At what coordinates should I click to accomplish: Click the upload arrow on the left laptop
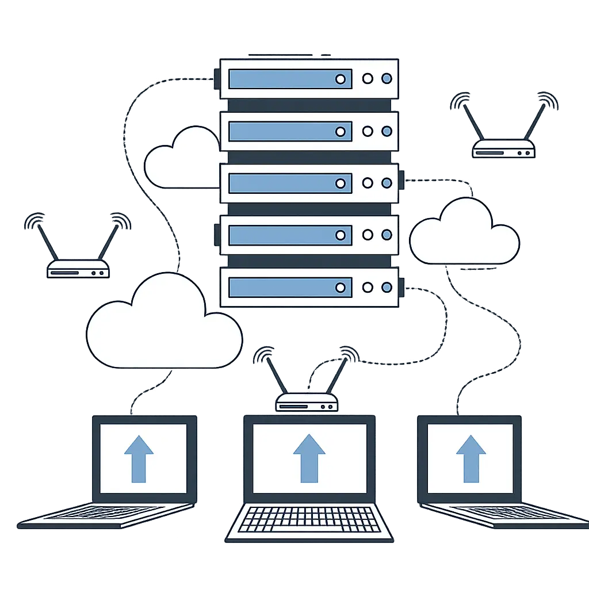[139, 458]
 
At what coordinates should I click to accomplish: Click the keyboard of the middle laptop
[309, 519]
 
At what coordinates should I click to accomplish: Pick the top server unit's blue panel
[290, 79]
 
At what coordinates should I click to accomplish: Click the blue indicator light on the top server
[387, 79]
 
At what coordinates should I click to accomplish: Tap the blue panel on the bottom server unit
[290, 287]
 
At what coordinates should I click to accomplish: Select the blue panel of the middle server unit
[290, 183]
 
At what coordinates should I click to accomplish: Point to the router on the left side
[78, 269]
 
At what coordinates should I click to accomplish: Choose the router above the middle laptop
[307, 402]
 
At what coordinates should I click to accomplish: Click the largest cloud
[164, 325]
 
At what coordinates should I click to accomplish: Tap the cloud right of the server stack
[464, 233]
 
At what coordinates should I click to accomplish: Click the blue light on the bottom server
[387, 287]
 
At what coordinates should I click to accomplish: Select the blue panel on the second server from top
[290, 131]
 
